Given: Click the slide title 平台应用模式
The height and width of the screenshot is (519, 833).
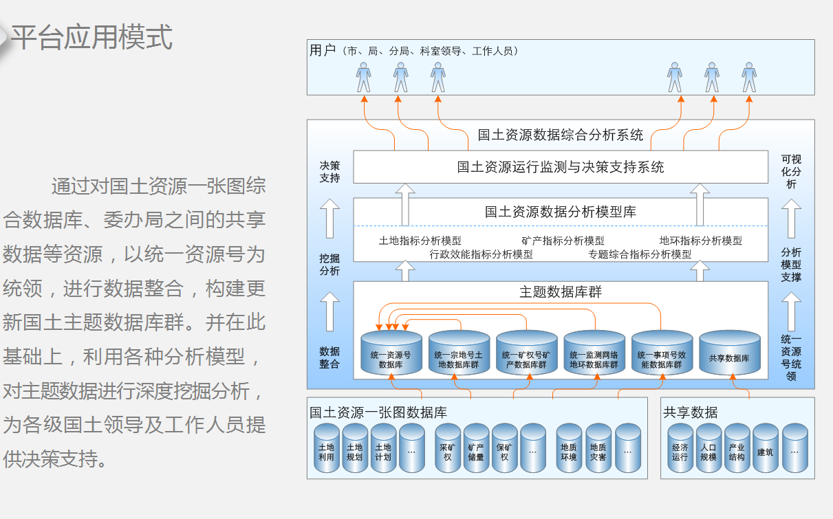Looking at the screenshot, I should coord(91,37).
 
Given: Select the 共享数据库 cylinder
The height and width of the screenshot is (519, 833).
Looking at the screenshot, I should coord(729,354).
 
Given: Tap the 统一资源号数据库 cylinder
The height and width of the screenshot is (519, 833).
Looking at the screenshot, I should coord(391,355).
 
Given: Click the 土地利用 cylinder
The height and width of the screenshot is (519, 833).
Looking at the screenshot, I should coord(326,449).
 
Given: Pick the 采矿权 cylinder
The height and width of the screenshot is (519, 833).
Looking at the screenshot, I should coord(447,449).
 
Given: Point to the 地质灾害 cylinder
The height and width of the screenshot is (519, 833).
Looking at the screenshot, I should coord(598,449).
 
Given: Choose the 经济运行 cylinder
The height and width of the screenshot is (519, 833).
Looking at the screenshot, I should coord(680,449).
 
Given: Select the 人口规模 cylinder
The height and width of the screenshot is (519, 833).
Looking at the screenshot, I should coord(708,449).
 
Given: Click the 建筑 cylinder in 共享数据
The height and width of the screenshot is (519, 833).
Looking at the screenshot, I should coord(765,449).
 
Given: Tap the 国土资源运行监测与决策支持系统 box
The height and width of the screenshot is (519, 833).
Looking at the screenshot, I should coord(561,167).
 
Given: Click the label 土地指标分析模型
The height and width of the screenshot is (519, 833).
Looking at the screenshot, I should coord(420,241).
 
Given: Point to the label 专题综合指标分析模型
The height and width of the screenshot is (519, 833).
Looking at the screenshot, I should coord(640,254).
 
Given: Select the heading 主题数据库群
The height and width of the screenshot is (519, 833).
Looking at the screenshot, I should coord(561,292).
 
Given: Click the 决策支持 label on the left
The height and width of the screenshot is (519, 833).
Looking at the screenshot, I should coord(330,172).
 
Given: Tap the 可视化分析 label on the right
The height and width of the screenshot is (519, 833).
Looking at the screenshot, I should coord(791,172).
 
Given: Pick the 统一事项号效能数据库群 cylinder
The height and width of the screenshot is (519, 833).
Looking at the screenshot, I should coord(662,355).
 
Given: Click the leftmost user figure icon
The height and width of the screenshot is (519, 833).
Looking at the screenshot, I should coord(364,77).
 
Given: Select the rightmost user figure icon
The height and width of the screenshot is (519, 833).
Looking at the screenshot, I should coord(749,77).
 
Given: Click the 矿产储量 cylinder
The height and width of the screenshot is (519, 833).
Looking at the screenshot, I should coord(476,449).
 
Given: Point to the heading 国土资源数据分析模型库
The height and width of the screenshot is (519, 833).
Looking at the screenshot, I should coord(561,212).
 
